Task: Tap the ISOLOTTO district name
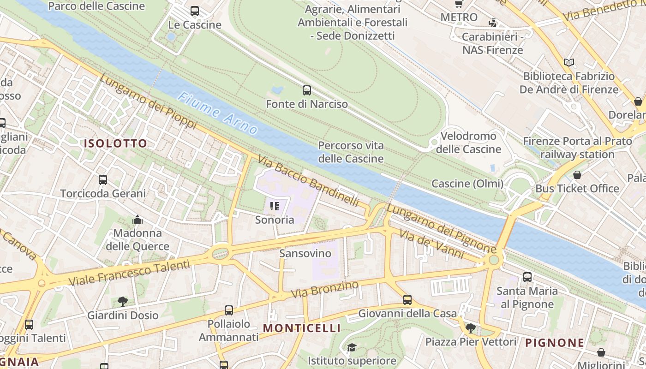click(115, 143)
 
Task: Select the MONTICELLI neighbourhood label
click(302, 328)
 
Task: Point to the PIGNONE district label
click(555, 343)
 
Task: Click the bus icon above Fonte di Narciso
click(307, 90)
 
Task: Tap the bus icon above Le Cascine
click(195, 11)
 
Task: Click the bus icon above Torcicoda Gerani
click(103, 180)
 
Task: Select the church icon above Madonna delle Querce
click(138, 220)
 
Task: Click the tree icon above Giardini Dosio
click(123, 302)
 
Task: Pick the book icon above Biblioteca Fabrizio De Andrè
click(569, 62)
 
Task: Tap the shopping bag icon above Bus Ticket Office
click(577, 175)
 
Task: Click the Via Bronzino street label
click(325, 289)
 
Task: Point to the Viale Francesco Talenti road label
click(129, 273)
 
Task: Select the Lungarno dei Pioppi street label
click(148, 102)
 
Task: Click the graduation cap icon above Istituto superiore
click(352, 347)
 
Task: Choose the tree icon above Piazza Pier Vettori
click(471, 328)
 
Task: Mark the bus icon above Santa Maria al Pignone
click(527, 277)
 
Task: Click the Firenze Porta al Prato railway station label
click(577, 148)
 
